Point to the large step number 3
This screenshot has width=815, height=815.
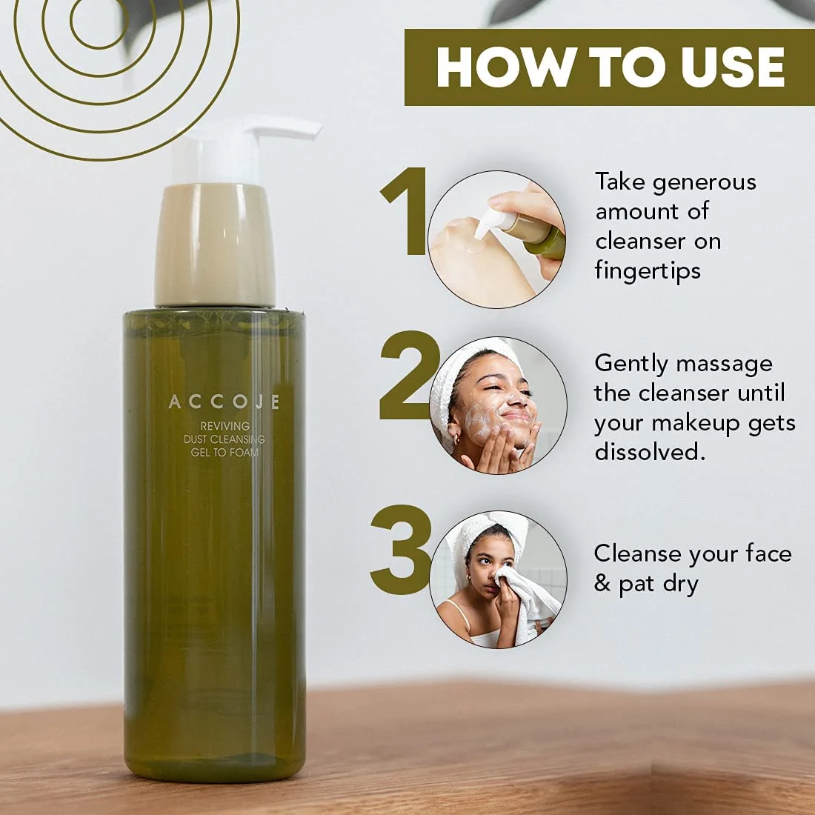401,550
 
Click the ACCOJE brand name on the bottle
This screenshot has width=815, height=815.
224,402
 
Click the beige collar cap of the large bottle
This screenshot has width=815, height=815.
215,245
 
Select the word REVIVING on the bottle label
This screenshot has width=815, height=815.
225,426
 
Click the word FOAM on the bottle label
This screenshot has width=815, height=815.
244,452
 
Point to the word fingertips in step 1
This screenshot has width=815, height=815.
648,271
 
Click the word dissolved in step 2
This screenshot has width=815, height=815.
651,451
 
